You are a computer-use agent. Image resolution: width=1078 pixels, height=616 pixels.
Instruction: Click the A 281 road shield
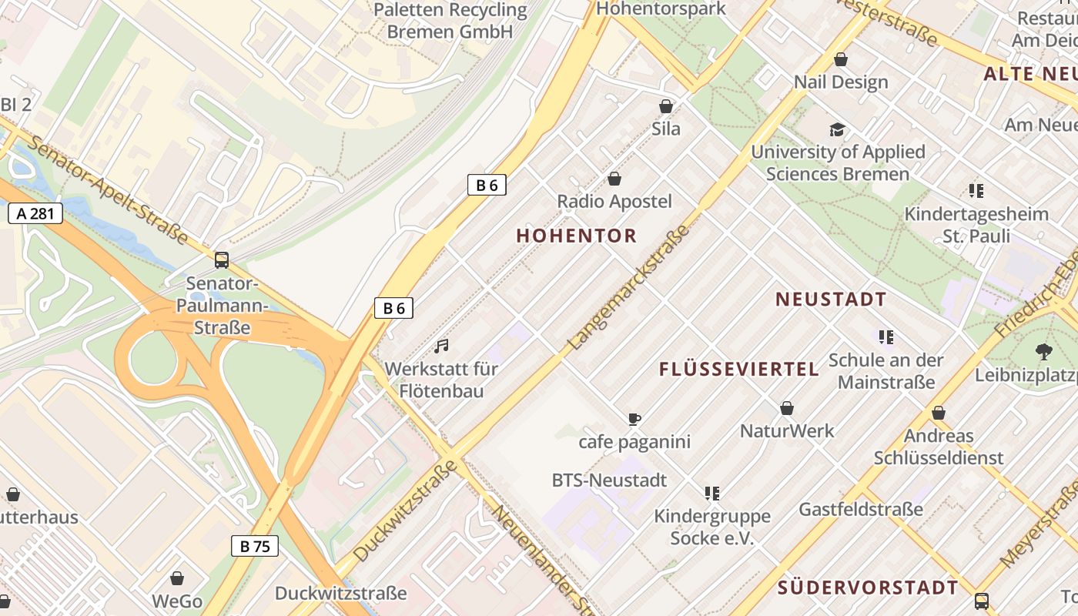point(35,213)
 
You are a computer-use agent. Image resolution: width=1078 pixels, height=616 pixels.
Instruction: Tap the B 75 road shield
point(255,546)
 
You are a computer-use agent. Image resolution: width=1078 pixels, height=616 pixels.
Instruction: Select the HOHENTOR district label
point(577,236)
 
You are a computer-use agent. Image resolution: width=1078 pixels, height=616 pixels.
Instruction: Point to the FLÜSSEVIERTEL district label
point(739,370)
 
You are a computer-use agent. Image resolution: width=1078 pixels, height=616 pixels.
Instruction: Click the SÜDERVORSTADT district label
point(868,588)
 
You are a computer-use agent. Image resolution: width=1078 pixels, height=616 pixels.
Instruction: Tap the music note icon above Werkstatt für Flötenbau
point(441,346)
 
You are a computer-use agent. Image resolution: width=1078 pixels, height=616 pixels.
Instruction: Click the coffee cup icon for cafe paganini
point(634,420)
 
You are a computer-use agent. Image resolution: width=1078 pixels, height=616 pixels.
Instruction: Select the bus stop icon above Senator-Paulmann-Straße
point(222,260)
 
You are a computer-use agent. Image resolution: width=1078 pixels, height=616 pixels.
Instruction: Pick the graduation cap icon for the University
point(837,129)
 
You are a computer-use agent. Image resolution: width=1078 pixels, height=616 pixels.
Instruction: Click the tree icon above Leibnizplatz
point(1044,352)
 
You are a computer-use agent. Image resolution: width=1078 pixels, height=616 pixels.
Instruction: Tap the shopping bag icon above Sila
point(666,106)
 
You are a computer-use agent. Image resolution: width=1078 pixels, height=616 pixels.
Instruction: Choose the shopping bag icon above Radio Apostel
point(614,179)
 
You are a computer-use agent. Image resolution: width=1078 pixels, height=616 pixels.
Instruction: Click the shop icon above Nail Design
point(841,59)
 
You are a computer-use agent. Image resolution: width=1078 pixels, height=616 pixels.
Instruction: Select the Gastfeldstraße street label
point(861,509)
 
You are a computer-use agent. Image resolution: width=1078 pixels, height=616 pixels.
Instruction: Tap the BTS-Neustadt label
point(609,480)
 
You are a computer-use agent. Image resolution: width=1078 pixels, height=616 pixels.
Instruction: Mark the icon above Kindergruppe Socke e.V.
point(711,493)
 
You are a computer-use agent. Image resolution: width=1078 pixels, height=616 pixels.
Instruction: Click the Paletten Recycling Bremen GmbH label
point(450,21)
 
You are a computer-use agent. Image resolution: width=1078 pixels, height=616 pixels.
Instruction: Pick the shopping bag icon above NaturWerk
point(787,408)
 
